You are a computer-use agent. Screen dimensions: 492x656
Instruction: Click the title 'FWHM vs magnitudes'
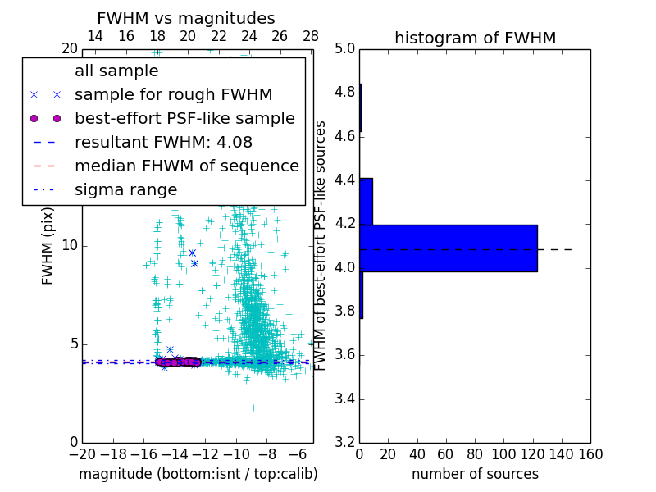[x=186, y=18]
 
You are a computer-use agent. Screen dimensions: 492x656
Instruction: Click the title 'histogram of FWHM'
[x=475, y=38]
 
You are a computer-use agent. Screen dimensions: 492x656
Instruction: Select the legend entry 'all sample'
[x=116, y=71]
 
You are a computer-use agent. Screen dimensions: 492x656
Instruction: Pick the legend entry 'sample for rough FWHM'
[x=173, y=94]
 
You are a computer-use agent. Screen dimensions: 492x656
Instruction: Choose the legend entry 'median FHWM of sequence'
[x=186, y=166]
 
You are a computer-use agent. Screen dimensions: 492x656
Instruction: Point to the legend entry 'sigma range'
[x=125, y=189]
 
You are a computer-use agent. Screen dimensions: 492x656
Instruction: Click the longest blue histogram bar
[x=449, y=248]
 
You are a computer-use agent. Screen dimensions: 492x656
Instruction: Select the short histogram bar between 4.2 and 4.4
[x=366, y=201]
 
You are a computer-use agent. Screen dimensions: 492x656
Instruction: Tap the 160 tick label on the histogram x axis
[x=590, y=454]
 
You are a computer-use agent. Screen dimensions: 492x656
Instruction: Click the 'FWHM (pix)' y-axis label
[x=48, y=246]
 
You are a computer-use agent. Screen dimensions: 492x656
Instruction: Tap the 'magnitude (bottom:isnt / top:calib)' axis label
[x=198, y=474]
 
